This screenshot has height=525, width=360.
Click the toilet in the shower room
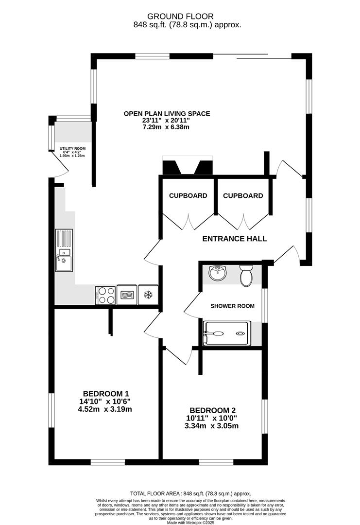pos(246,276)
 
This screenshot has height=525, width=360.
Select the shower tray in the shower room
pos(227,333)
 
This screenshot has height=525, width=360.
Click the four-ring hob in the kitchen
pos(105,295)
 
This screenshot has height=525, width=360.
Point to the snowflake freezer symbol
pos(148,295)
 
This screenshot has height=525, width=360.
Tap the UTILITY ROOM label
pos(72,148)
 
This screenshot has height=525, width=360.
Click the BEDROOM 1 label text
pos(106,394)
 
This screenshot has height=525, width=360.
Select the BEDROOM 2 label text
pos(212,410)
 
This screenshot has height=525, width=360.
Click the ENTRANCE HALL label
pos(235,239)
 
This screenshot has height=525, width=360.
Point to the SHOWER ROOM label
pos(232,306)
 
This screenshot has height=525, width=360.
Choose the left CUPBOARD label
pos(188,195)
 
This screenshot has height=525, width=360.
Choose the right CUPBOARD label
pos(243,195)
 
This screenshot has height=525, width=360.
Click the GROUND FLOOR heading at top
pos(180,16)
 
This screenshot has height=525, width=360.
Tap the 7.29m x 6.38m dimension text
pos(166,127)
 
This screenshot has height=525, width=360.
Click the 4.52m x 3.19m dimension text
pos(105,409)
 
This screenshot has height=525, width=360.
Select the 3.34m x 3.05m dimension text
pos(211,426)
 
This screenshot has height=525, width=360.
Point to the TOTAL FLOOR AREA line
pos(190,493)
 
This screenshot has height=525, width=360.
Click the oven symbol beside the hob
pos(127,295)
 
